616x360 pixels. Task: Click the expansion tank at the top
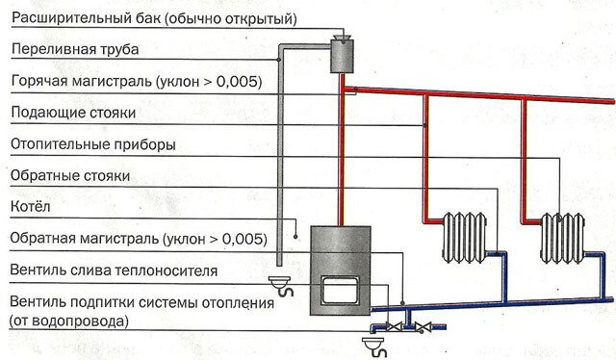pos(342,55)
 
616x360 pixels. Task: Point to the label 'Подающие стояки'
pos(72,114)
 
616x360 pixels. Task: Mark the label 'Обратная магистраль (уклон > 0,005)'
pos(135,238)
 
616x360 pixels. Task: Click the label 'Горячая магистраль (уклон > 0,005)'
pos(135,81)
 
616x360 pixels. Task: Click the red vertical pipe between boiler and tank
pos(341,154)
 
